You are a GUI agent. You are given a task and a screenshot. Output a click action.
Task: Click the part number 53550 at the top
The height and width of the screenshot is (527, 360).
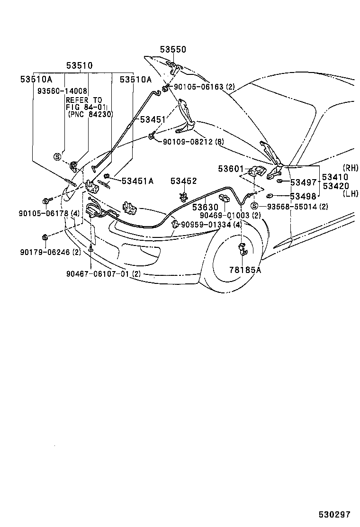point(173,49)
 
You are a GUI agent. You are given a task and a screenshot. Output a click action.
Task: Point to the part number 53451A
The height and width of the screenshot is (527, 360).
point(138,181)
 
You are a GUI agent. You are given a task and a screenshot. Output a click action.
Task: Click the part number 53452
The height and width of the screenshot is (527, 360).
point(184,181)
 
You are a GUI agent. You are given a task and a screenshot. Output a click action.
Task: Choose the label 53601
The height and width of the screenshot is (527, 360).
point(231,168)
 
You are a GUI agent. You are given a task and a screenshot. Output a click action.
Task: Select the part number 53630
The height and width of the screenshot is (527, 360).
point(205,207)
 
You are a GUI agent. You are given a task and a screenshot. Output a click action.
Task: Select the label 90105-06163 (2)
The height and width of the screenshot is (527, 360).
point(205,87)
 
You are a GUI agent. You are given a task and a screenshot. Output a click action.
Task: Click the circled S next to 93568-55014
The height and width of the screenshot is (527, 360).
point(254,206)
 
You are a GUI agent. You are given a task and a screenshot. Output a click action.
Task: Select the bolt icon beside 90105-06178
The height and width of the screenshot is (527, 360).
point(46,201)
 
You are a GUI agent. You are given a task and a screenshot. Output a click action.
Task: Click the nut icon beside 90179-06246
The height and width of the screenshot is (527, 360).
point(44,237)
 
